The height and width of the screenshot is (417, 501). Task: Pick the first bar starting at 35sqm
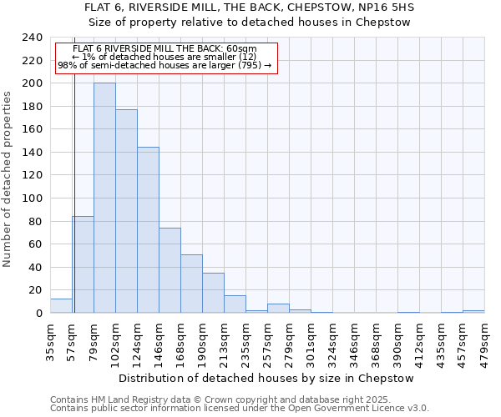tap(61, 306)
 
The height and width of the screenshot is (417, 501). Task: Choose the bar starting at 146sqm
tap(170, 270)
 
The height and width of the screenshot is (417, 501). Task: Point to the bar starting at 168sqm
tap(191, 284)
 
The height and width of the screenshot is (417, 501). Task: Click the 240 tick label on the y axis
tap(32, 38)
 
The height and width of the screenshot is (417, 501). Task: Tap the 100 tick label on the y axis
tap(32, 198)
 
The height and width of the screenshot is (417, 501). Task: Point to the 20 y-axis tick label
tap(35, 290)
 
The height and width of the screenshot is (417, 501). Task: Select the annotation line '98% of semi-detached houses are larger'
tap(164, 65)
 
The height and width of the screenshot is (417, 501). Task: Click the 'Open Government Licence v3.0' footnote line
tap(240, 409)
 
